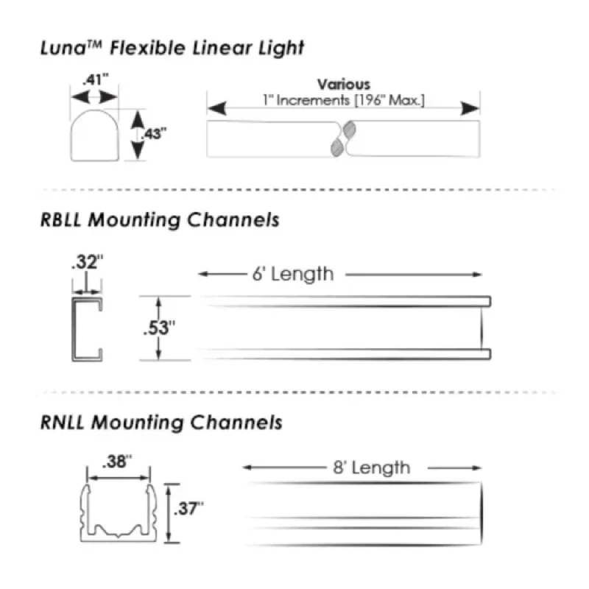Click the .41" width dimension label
point(96,80)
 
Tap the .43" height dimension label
point(154,134)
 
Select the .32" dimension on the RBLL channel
point(87,262)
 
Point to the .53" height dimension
point(159,328)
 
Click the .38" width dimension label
point(117,462)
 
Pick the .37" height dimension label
point(188,509)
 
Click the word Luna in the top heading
point(63,48)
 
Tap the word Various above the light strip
point(344,84)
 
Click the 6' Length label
point(293,274)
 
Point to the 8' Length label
point(372,468)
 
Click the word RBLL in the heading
point(60,219)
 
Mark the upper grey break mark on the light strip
point(350,129)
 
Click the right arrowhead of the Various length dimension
point(470,108)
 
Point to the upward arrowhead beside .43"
point(138,119)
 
